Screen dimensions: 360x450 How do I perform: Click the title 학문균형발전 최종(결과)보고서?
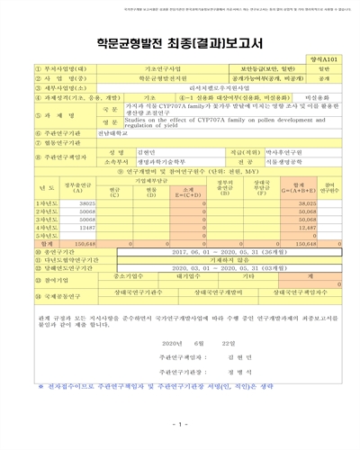click(x=179, y=41)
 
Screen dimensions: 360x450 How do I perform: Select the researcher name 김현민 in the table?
click(x=132, y=153)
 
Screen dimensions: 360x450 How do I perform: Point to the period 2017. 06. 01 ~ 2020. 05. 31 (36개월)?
click(x=224, y=253)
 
